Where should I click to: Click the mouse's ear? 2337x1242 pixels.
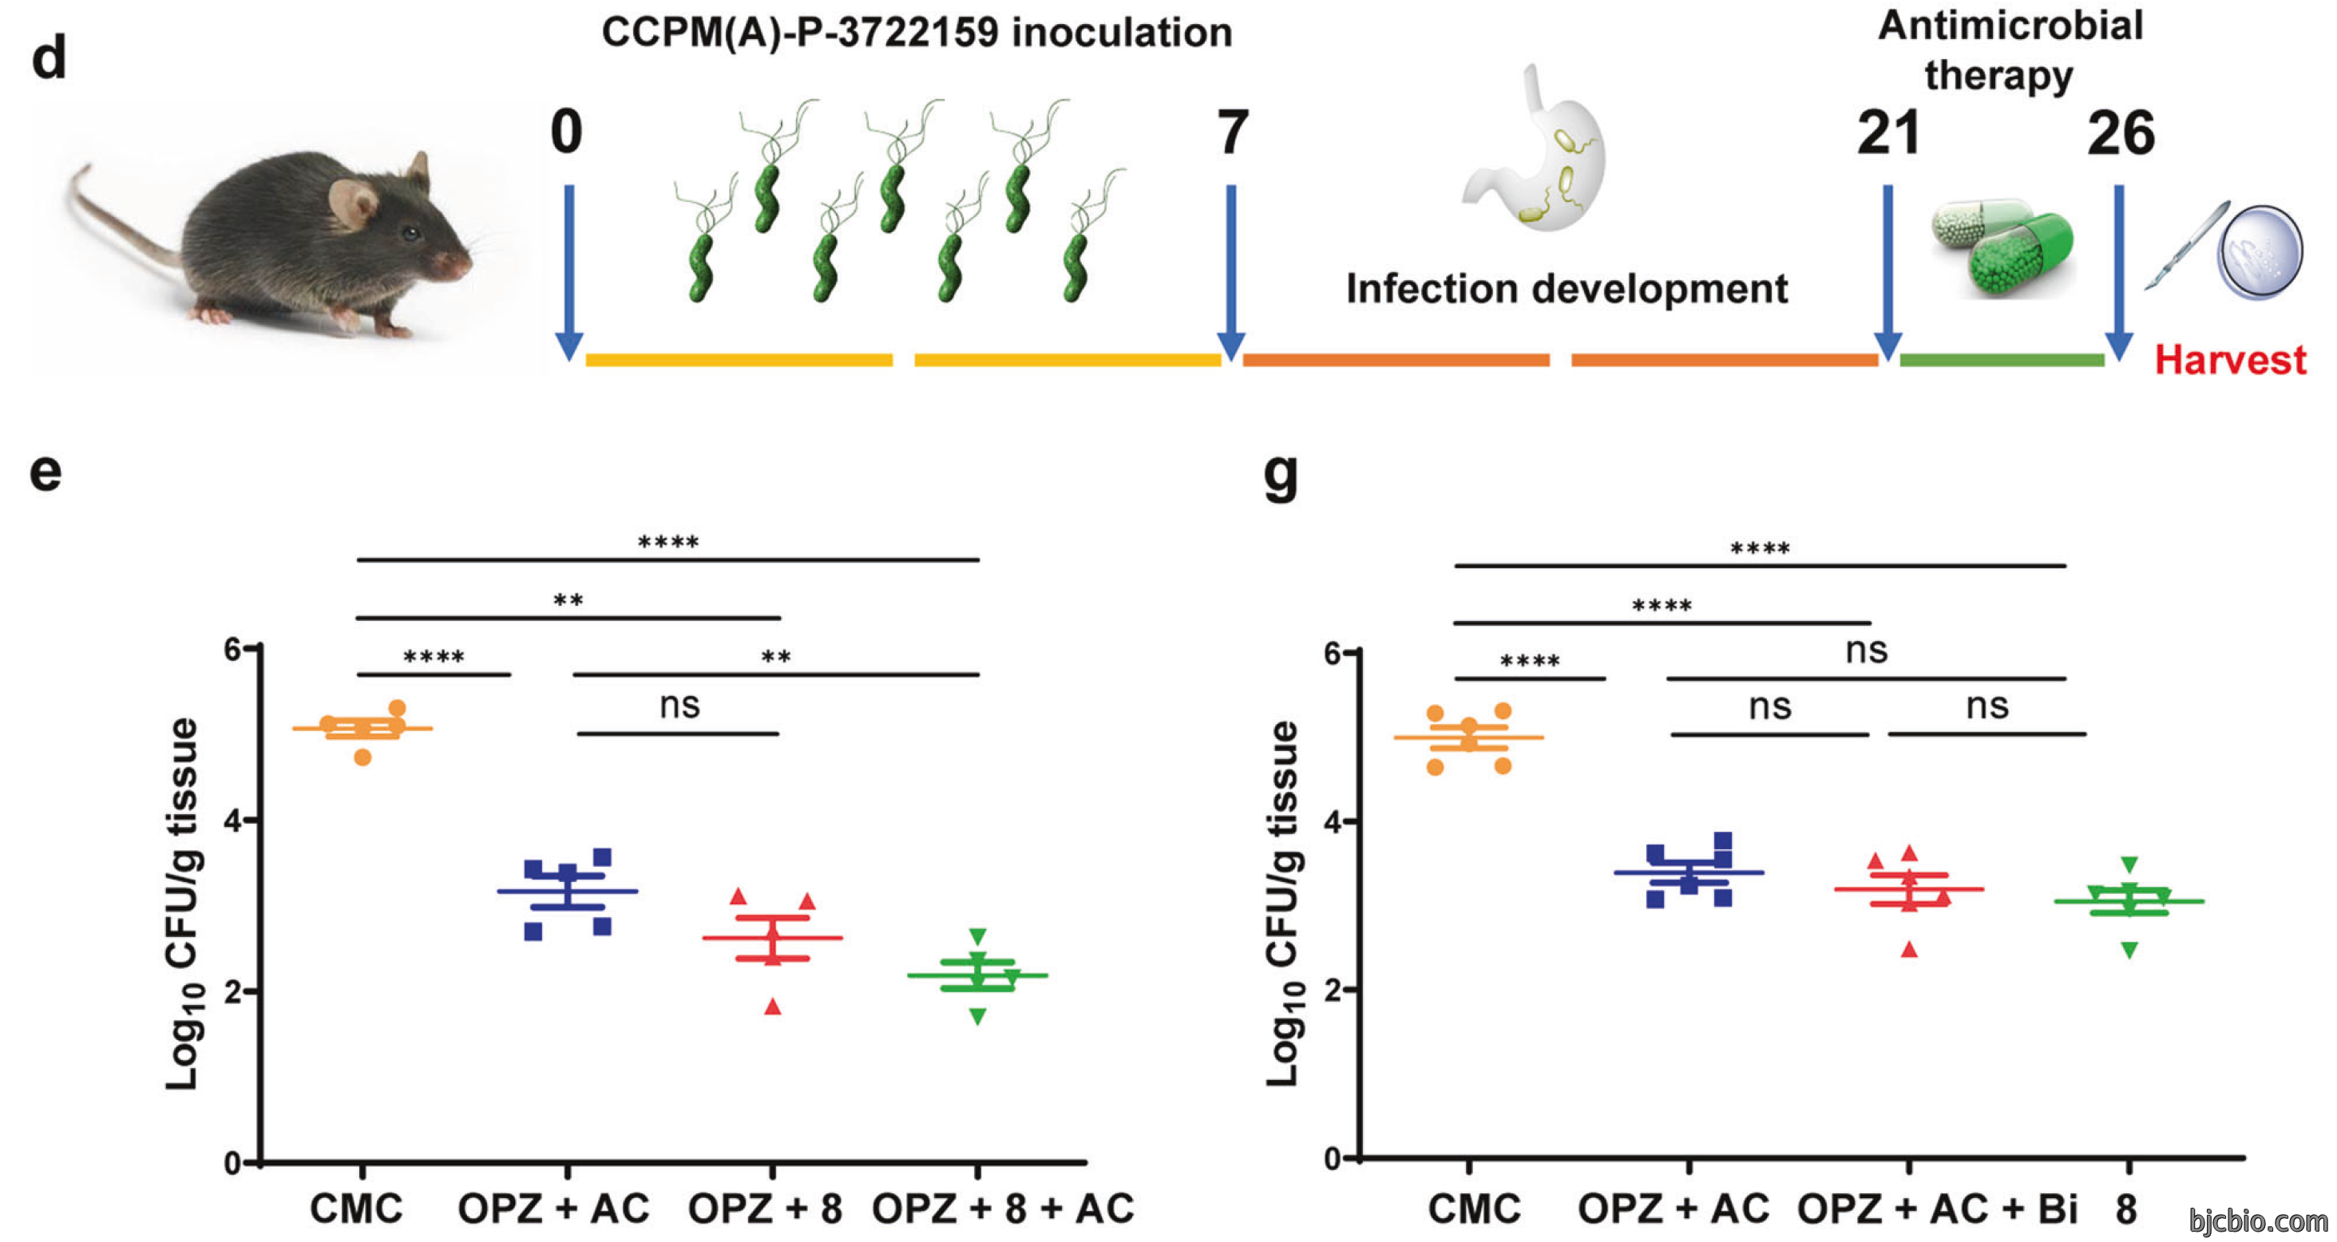pos(354,201)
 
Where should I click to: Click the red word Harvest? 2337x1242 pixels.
pos(2231,360)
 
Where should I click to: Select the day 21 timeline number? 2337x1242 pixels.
pos(1889,133)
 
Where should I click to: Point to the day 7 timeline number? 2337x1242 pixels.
pos(1231,133)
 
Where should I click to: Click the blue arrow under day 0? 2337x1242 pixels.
pos(568,272)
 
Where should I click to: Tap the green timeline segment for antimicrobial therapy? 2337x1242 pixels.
pos(2002,360)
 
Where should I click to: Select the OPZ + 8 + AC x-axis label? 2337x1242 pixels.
pos(1003,1208)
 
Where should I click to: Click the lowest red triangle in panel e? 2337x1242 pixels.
pos(773,1006)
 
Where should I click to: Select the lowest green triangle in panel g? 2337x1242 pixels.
pos(2129,950)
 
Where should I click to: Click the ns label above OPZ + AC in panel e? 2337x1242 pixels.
pos(679,705)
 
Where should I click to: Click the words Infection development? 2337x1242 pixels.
pos(1567,288)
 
